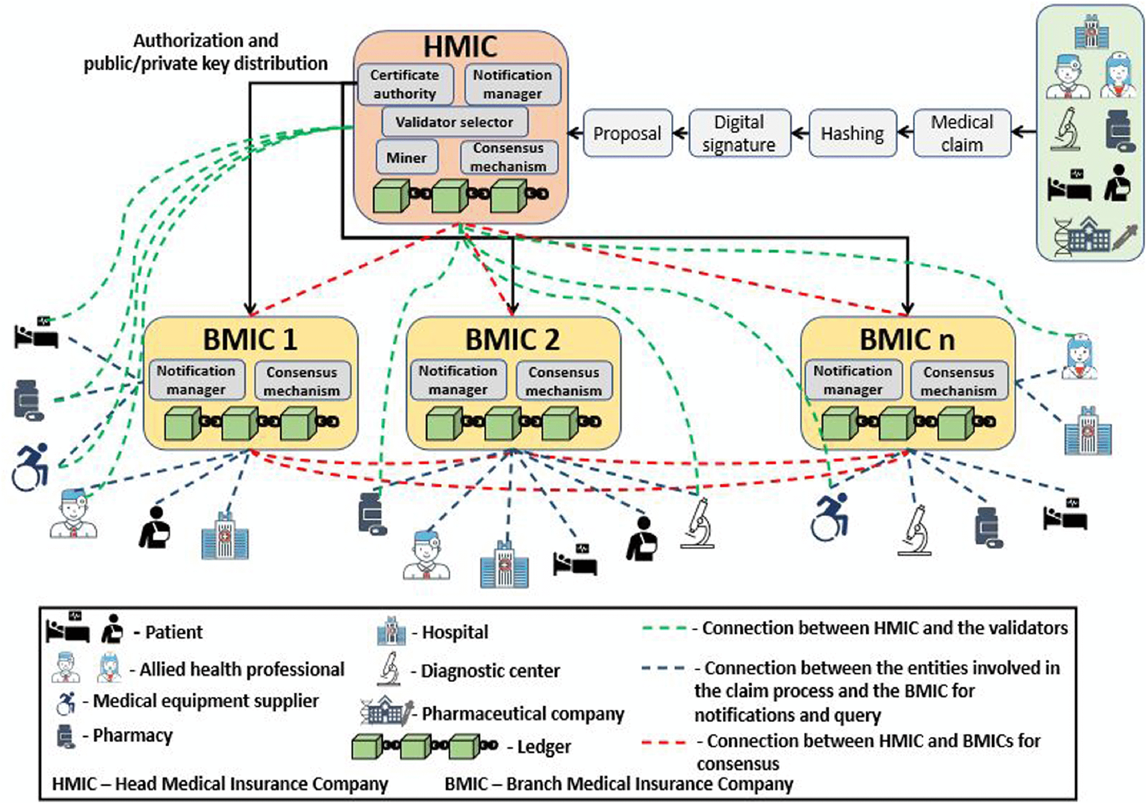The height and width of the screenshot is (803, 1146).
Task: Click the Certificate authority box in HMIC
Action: coord(405,84)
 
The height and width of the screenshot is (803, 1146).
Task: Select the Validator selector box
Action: coord(454,122)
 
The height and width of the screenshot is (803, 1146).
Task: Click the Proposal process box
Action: coord(627,133)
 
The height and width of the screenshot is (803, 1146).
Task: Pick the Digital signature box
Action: coord(739,133)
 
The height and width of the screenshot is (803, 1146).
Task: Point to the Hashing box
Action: coord(852,133)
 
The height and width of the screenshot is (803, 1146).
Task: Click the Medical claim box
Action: coord(962,133)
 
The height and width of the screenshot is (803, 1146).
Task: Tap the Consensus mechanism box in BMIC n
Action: coord(958,381)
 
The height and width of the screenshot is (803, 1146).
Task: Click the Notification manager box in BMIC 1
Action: coord(196,380)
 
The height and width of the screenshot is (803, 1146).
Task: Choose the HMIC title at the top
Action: coord(460,47)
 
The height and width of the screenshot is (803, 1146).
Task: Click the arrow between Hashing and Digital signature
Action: coord(800,133)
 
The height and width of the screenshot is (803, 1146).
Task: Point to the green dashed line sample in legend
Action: coord(664,628)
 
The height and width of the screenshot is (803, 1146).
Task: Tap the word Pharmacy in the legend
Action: coord(133,735)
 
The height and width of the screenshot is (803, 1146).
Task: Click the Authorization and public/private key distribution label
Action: coord(206,52)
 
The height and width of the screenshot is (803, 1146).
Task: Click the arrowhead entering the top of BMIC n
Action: coord(907,309)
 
